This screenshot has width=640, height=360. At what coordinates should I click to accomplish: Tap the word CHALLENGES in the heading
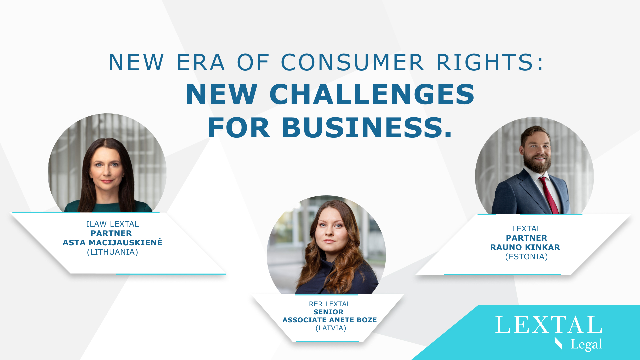click(372, 94)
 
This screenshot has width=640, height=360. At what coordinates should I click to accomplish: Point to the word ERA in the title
click(200, 62)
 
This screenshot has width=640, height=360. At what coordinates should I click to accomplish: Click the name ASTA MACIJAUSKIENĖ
click(112, 242)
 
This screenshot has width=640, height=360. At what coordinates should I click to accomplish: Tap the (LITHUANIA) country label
click(112, 252)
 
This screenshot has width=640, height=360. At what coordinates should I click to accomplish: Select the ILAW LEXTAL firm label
click(112, 224)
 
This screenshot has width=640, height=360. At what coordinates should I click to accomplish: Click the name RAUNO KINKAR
click(525, 247)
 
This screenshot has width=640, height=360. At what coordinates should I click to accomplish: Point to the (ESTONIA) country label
click(526, 257)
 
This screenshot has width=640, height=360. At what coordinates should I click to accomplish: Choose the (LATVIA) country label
click(331, 328)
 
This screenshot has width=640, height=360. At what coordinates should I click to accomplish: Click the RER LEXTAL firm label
click(330, 304)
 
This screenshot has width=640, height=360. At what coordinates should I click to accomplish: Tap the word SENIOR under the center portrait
click(328, 312)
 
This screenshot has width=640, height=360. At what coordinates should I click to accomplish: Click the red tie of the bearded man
click(549, 195)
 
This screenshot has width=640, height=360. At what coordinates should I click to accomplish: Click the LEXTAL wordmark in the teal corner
click(549, 325)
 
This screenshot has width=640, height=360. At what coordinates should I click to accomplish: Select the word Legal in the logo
click(586, 344)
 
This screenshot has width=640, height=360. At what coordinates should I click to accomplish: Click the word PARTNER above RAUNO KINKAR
click(526, 238)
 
